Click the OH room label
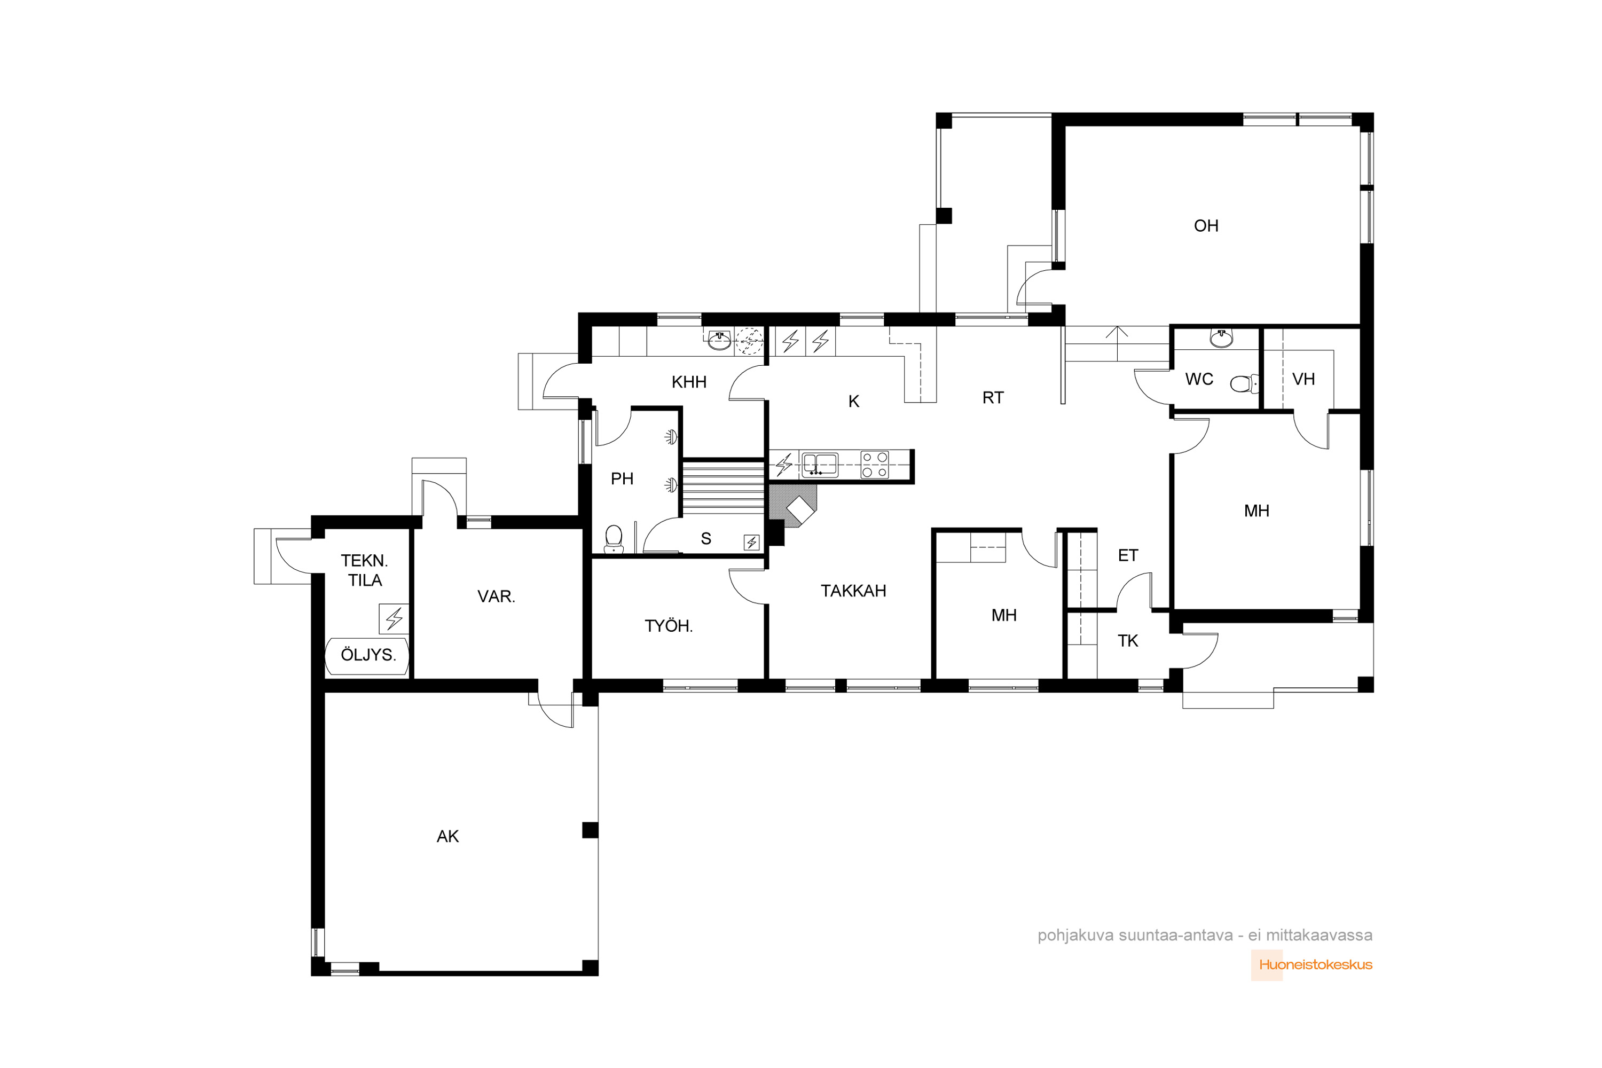click(1206, 225)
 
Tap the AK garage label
click(447, 836)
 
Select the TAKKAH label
click(853, 591)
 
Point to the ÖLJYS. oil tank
click(367, 656)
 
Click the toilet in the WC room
click(1244, 383)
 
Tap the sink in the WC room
click(1221, 339)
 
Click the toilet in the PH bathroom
click(614, 539)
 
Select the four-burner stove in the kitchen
click(875, 465)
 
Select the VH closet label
click(1303, 379)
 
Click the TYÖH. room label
click(668, 625)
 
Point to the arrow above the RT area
click(1117, 344)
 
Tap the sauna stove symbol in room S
click(751, 542)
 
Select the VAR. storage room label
click(496, 596)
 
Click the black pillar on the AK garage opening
click(590, 830)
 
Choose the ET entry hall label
click(1128, 555)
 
